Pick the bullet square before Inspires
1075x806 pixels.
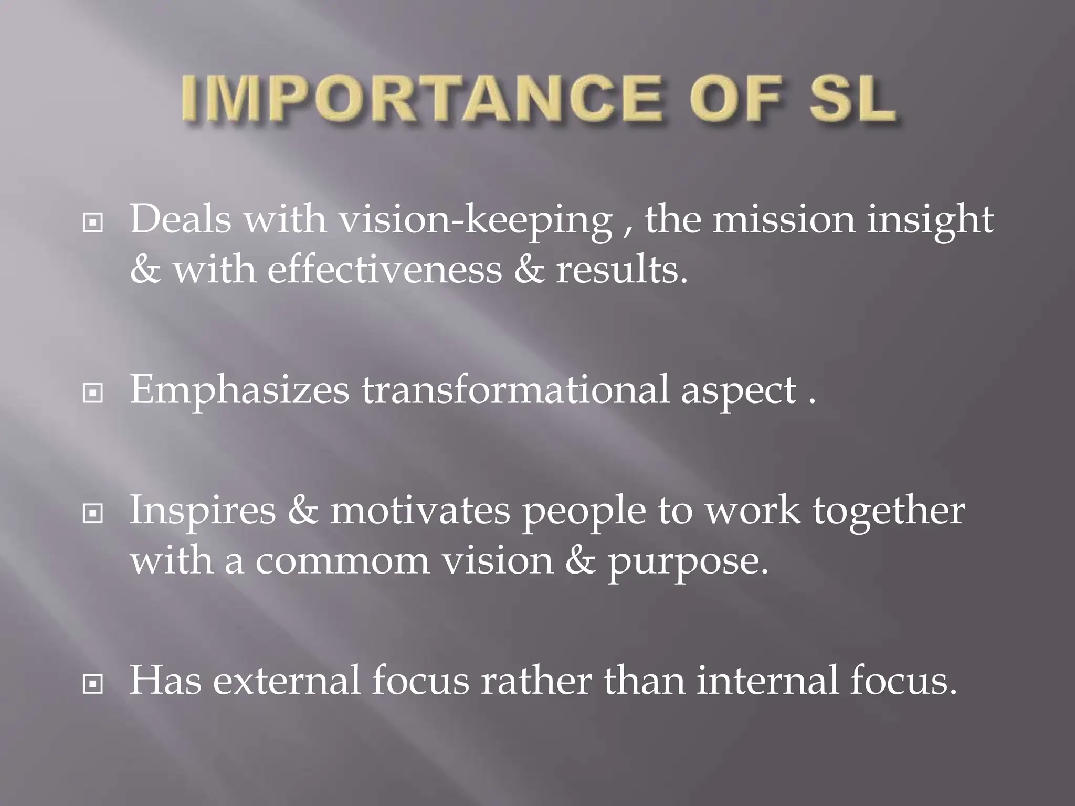click(x=93, y=514)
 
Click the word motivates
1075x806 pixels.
click(x=420, y=511)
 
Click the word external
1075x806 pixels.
click(x=287, y=681)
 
